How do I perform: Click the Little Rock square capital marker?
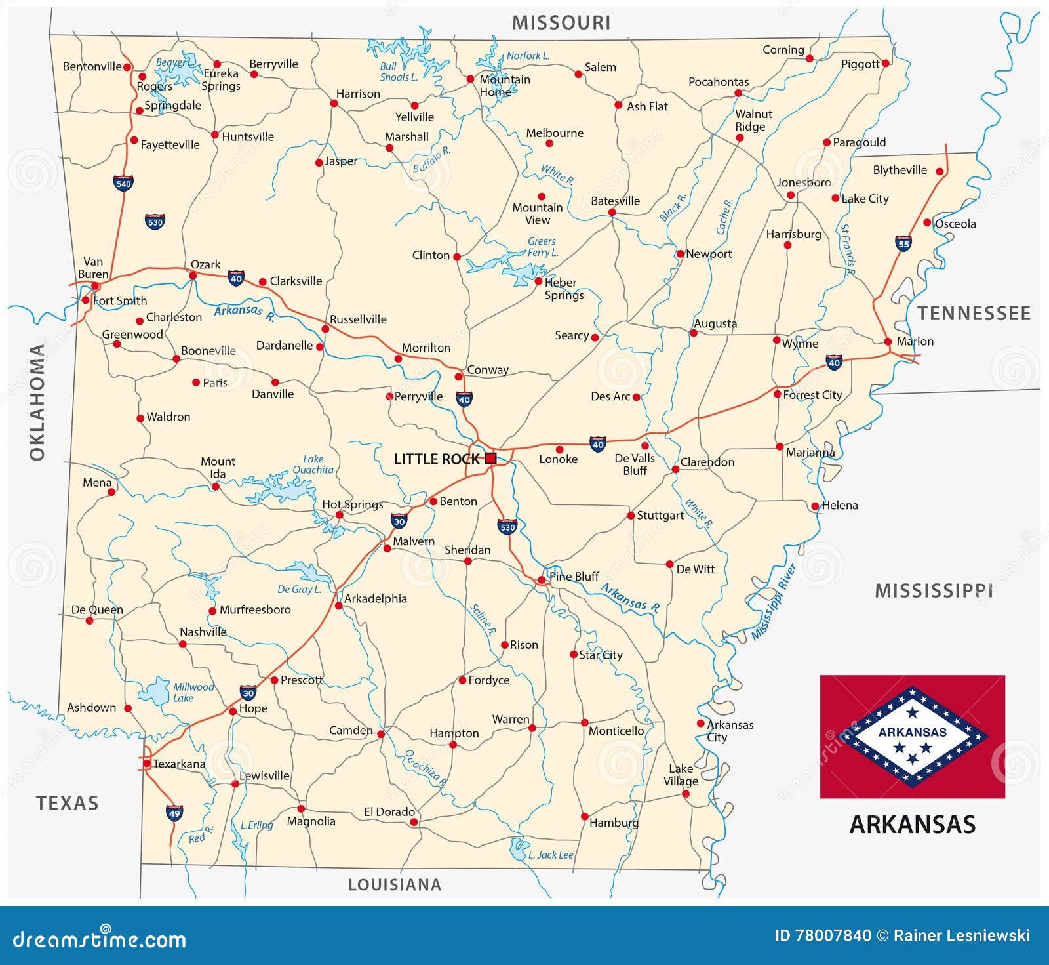click(x=490, y=459)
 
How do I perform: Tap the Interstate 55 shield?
click(x=903, y=243)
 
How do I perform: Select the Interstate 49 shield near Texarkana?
click(x=174, y=813)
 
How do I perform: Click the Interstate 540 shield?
click(x=123, y=183)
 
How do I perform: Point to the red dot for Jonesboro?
click(x=791, y=195)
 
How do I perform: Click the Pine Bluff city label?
click(x=574, y=577)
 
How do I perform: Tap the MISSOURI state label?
click(x=561, y=23)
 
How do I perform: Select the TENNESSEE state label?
click(x=974, y=314)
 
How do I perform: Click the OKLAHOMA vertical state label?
click(x=37, y=401)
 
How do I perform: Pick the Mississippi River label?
click(x=774, y=602)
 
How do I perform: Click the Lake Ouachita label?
click(x=313, y=464)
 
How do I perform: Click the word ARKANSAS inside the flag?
click(x=913, y=732)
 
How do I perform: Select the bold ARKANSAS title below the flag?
click(x=912, y=825)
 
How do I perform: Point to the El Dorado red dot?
click(x=414, y=821)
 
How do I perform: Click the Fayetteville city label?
click(x=170, y=145)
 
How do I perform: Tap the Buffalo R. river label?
click(x=431, y=159)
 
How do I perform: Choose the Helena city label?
click(x=840, y=505)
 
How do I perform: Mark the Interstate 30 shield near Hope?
click(x=248, y=693)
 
